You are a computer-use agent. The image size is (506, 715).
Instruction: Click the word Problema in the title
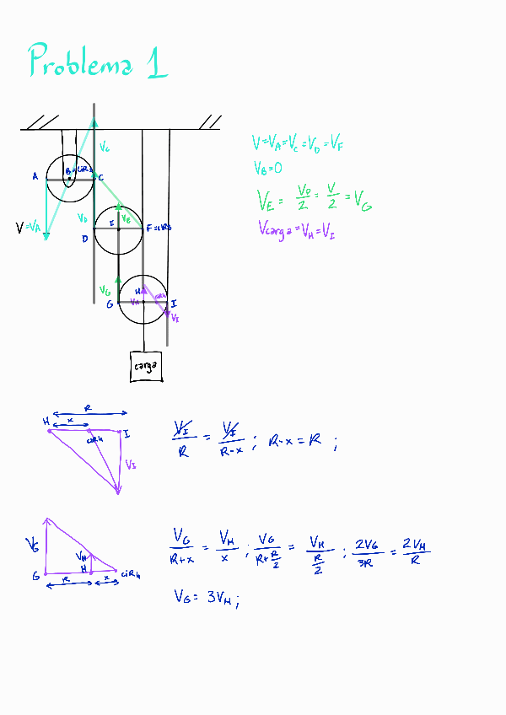(80, 62)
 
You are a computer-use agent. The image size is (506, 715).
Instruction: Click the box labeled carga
(147, 366)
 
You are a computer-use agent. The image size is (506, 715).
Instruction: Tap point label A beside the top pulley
(35, 176)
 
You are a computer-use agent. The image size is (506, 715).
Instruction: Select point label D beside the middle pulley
(84, 239)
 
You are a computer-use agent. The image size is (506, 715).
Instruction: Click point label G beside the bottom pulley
(110, 304)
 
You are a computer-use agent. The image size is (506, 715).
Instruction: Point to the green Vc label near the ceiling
(104, 148)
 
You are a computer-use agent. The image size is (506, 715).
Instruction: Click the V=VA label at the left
(29, 227)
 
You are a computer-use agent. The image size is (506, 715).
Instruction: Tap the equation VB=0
(266, 169)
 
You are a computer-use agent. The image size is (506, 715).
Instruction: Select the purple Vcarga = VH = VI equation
(296, 228)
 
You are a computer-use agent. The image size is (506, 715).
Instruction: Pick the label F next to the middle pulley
(148, 228)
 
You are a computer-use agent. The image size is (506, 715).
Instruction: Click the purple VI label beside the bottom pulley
(175, 318)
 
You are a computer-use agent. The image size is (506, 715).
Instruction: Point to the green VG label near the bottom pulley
(105, 290)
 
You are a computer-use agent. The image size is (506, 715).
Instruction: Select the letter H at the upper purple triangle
(46, 421)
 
